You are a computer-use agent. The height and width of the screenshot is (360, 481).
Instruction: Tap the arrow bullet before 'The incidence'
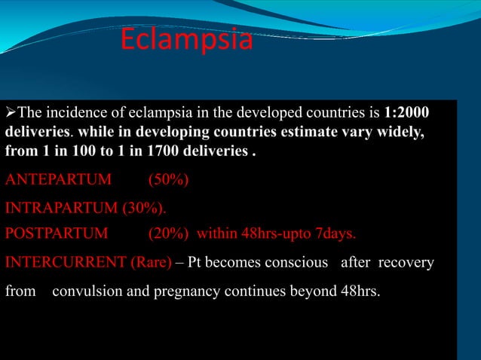10,114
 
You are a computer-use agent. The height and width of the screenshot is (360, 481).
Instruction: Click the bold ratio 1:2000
407,114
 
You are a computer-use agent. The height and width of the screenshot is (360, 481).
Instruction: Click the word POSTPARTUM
57,233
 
